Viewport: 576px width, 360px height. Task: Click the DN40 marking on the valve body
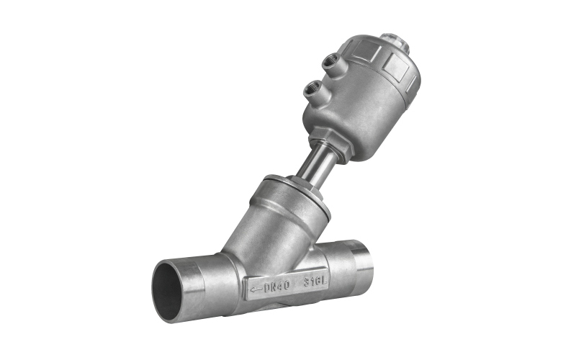coord(277,286)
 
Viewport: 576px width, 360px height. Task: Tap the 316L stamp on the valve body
coord(315,282)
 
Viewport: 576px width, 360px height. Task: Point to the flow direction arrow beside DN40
coord(256,289)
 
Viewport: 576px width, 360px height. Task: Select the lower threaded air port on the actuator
coord(312,88)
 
